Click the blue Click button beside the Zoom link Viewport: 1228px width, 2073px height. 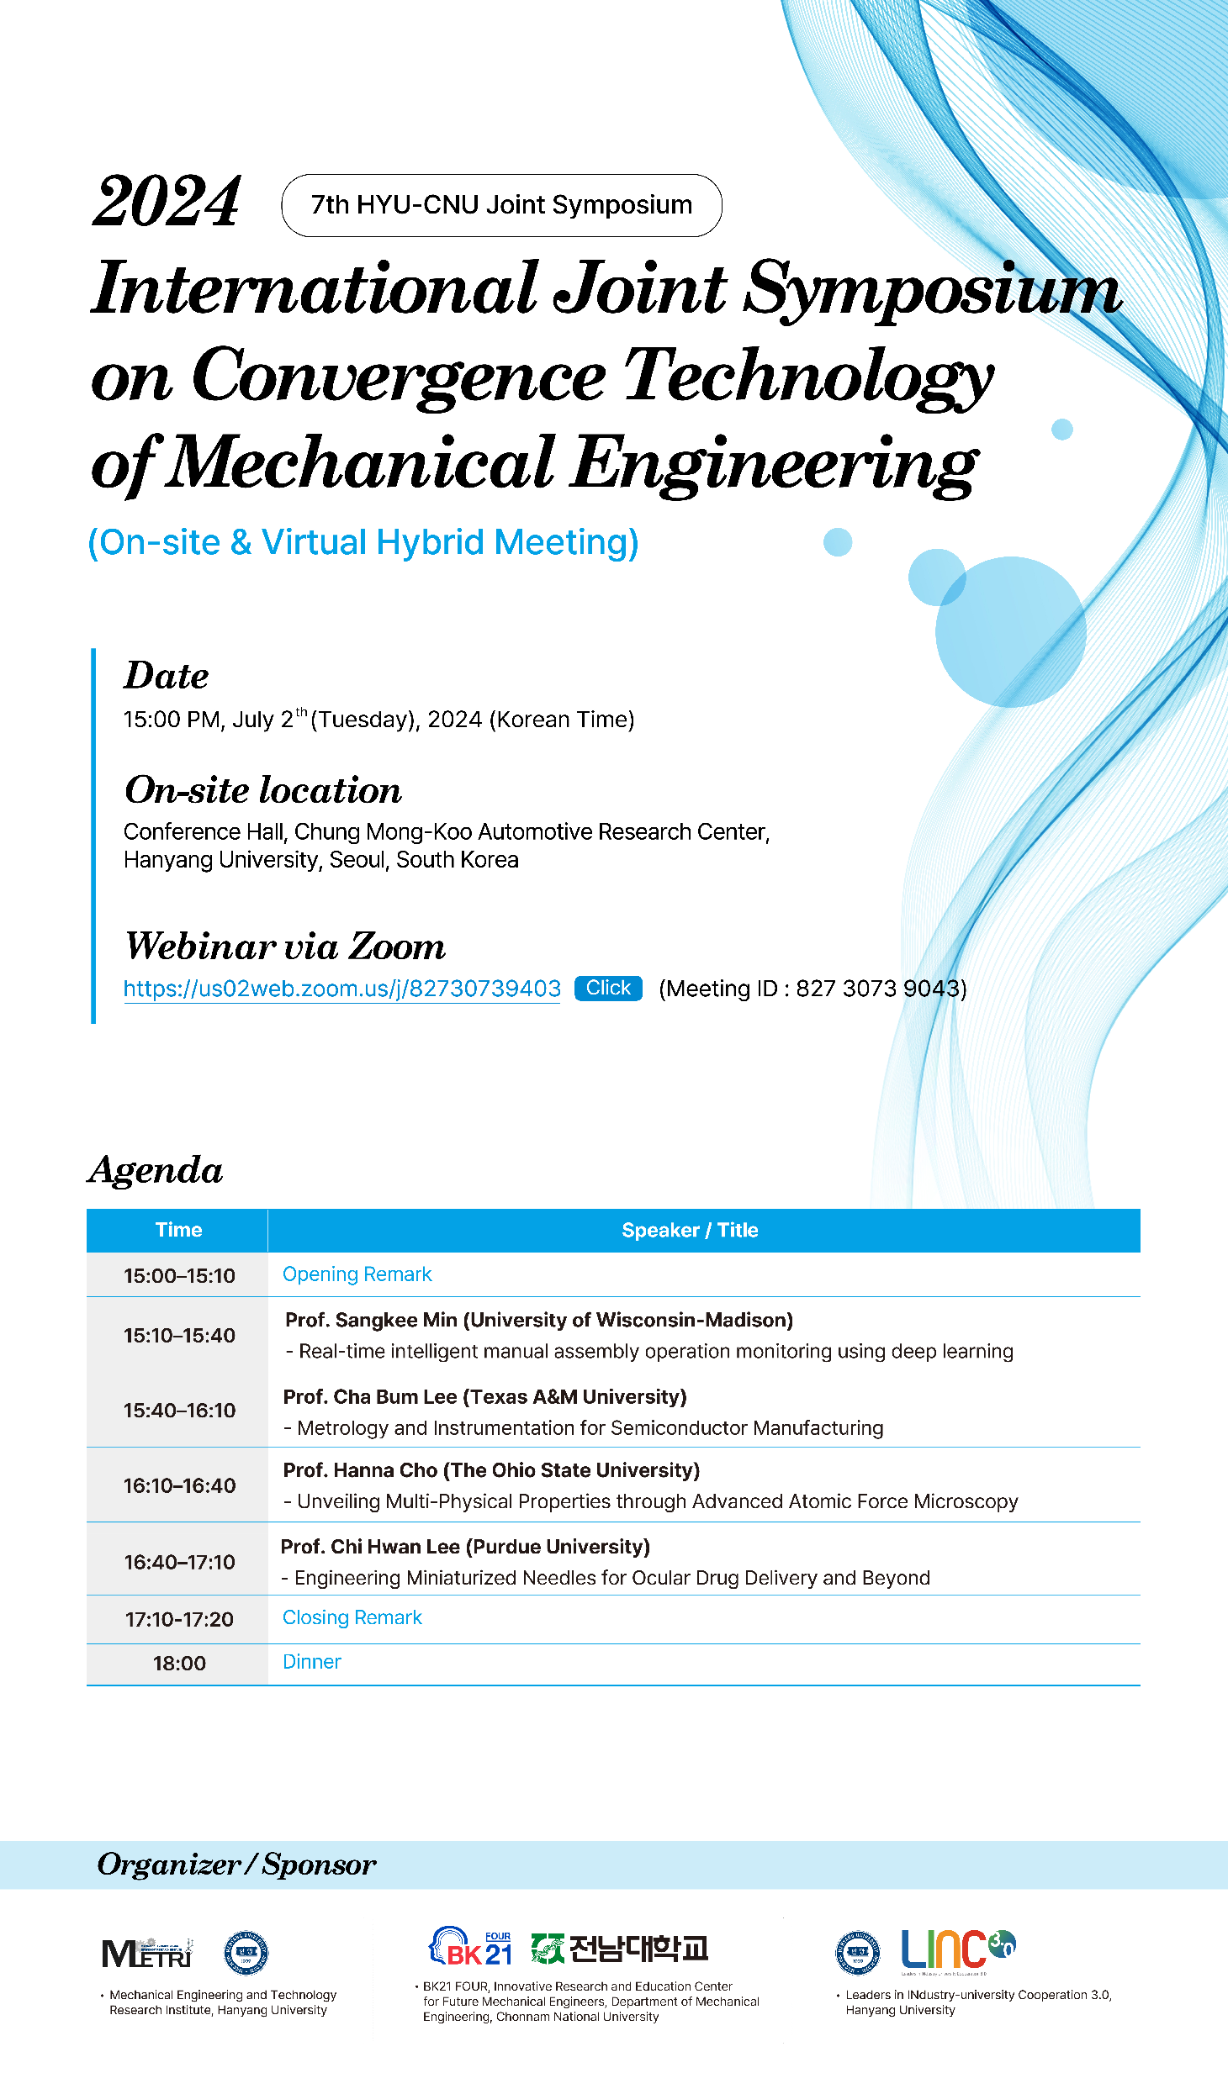coord(608,988)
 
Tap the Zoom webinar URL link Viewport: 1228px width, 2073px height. coord(341,989)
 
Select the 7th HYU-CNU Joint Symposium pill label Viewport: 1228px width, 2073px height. coord(501,205)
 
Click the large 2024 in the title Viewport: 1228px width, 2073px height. coord(167,202)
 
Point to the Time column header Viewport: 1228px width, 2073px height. coord(178,1230)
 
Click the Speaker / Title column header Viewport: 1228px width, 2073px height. coord(690,1230)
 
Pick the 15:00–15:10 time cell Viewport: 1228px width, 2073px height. coord(179,1275)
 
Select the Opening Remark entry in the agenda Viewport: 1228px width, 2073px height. coord(357,1274)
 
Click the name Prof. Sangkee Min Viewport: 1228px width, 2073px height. coord(371,1320)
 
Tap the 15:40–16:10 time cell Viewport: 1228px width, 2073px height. coord(179,1410)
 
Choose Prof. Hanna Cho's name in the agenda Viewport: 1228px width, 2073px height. coord(360,1470)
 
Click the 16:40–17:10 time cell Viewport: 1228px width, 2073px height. coord(179,1562)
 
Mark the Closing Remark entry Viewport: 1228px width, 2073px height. coord(352,1617)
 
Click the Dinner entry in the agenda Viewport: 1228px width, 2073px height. coord(311,1662)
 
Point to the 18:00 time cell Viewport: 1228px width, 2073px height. coord(179,1663)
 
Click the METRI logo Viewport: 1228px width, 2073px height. coord(147,1954)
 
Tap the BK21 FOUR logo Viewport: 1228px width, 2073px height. coord(471,1947)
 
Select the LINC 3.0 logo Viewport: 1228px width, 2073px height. coord(957,1949)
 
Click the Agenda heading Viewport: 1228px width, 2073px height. coord(156,1170)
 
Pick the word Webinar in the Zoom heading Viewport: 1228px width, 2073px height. coord(201,947)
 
